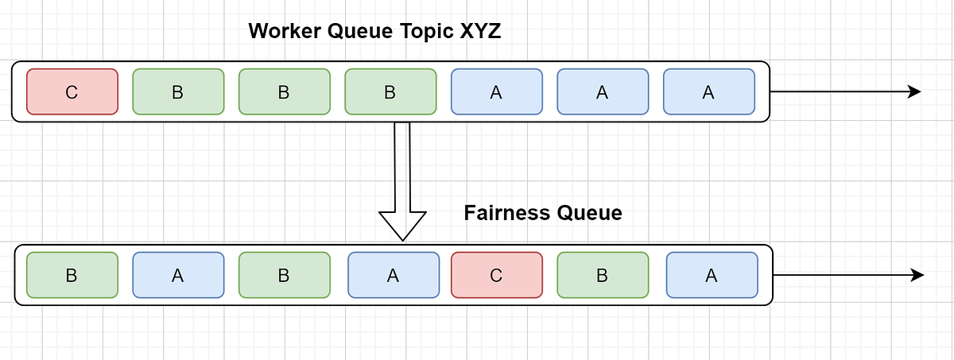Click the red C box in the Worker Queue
pyautogui.click(x=72, y=91)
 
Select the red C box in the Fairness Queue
pyautogui.click(x=496, y=275)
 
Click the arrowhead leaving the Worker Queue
pyautogui.click(x=913, y=91)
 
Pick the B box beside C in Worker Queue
pyautogui.click(x=178, y=91)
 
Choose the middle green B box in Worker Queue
pyautogui.click(x=284, y=91)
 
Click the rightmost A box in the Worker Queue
pyautogui.click(x=708, y=91)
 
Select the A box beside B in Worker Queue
pyautogui.click(x=496, y=91)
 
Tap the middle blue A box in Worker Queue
pyautogui.click(x=602, y=91)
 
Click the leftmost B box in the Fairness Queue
pyautogui.click(x=72, y=275)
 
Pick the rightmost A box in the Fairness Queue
pyautogui.click(x=712, y=275)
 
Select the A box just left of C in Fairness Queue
pyautogui.click(x=393, y=275)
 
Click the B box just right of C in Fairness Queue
pyautogui.click(x=602, y=275)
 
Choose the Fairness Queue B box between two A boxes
pyautogui.click(x=284, y=275)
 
